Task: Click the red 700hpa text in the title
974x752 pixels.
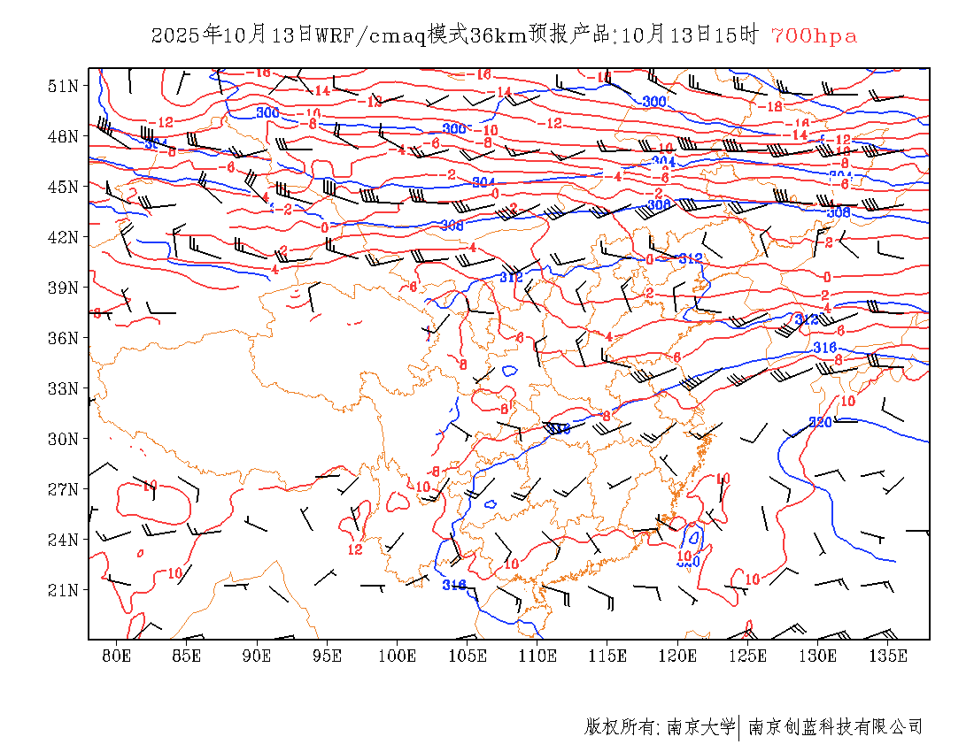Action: (x=814, y=36)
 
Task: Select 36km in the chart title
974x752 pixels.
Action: (x=499, y=36)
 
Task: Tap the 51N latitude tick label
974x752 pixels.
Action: (x=63, y=86)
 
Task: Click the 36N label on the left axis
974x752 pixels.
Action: (x=63, y=338)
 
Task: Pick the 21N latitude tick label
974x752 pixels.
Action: (x=63, y=590)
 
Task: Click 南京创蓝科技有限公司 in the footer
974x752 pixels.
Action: (x=836, y=727)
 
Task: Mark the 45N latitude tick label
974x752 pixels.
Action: (x=63, y=187)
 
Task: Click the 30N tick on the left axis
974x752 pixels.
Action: (x=63, y=439)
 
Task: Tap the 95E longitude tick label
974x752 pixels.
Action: (x=327, y=656)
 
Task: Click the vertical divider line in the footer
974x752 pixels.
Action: (x=739, y=727)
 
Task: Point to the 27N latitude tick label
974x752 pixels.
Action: (x=63, y=489)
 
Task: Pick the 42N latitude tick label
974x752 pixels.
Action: (x=63, y=237)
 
